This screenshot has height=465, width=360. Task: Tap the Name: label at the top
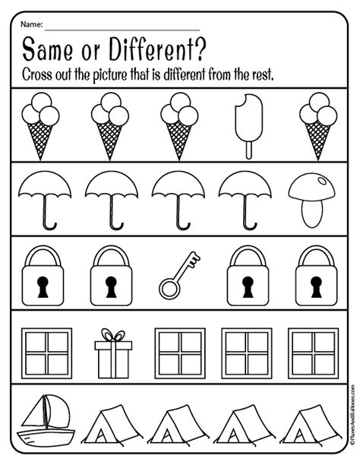point(33,24)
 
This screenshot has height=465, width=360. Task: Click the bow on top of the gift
point(112,336)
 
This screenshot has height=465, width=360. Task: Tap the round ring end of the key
point(168,288)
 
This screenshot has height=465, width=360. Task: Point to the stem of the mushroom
point(312,213)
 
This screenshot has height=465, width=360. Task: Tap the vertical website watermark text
point(351,429)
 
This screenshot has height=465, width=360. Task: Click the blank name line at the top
point(122,28)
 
